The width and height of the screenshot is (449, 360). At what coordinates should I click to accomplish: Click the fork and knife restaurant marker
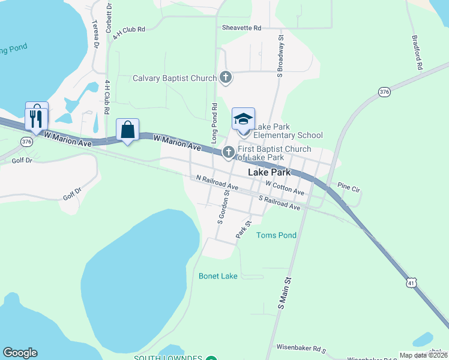(x=37, y=116)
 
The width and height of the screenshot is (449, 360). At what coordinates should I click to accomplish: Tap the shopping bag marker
(x=127, y=130)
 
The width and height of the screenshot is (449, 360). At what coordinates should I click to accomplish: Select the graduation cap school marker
(x=243, y=119)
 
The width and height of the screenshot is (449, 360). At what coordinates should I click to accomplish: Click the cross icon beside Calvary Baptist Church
(x=226, y=77)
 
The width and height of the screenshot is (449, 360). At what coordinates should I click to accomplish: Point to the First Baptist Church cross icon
(x=228, y=152)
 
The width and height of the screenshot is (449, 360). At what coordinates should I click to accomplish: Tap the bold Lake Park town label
(x=269, y=172)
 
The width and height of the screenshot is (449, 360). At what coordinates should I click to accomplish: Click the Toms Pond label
(x=276, y=235)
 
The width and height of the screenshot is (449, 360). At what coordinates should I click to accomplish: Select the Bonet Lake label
(x=218, y=276)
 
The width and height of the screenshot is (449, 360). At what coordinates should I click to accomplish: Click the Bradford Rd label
(x=418, y=52)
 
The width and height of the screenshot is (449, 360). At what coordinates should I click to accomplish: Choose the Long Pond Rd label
(x=214, y=122)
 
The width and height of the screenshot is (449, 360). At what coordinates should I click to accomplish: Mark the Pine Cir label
(x=348, y=187)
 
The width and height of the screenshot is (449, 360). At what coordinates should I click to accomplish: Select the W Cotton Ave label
(x=285, y=188)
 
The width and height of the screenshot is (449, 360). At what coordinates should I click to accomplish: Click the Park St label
(x=243, y=229)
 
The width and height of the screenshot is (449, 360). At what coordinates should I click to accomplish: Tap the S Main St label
(x=284, y=293)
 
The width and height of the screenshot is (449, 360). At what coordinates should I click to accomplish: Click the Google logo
(x=20, y=353)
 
